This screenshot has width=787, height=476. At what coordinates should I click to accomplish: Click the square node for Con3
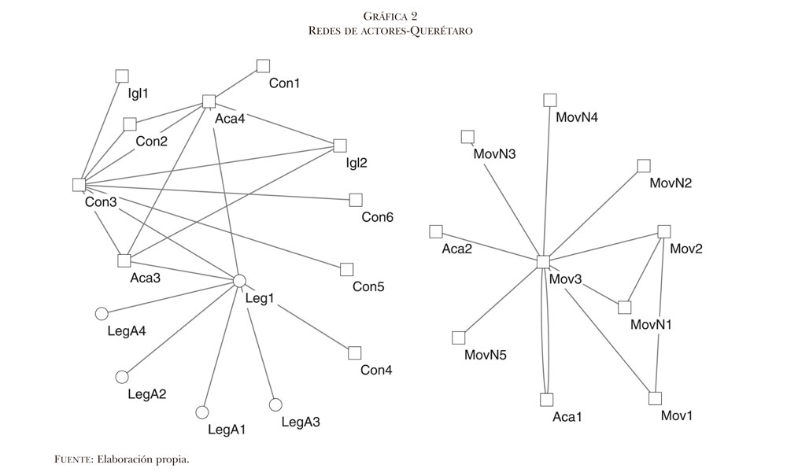pos(79,185)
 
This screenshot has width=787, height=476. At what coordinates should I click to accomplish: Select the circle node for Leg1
pos(240,281)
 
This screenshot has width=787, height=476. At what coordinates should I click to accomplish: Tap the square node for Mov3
pos(542,261)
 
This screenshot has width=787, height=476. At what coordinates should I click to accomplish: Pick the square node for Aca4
pos(209,101)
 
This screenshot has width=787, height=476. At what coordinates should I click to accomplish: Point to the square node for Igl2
pos(340,145)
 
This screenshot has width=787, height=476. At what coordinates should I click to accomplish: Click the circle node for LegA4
pos(101,314)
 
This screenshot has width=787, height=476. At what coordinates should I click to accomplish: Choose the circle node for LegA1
pos(201,412)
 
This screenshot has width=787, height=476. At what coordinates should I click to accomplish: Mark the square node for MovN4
pos(550,99)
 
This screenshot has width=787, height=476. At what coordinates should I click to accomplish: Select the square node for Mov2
pos(663,231)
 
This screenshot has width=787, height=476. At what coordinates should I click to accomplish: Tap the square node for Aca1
pos(548,399)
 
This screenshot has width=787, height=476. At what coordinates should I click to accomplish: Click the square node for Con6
pos(356,200)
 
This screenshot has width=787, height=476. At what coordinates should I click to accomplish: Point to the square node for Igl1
pos(122,76)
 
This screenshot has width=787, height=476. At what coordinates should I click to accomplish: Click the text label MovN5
pos(486,355)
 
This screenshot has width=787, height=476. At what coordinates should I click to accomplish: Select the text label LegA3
pos(301,422)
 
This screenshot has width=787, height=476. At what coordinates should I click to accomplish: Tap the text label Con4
pos(376,370)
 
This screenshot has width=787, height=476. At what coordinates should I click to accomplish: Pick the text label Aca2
pos(457,249)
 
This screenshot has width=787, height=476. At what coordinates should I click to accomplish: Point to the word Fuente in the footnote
pos(73,458)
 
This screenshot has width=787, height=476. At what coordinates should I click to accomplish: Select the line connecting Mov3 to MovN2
pos(593,213)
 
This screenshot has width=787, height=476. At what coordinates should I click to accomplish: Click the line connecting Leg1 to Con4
pos(297,316)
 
